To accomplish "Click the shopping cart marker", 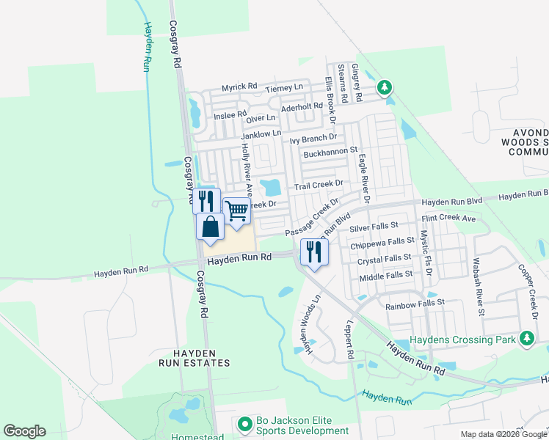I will tap(237, 211).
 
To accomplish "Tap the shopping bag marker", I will tap(211, 226).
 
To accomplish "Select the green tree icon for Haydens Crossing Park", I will tap(526, 338).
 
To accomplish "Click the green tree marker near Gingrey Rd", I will tap(384, 89).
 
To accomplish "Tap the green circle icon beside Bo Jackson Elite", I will tap(245, 425).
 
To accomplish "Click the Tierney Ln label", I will tap(284, 88).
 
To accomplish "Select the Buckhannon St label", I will tap(330, 154).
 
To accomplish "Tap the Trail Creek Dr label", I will tap(319, 185).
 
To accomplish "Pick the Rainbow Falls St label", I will tap(410, 302).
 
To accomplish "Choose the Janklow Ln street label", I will tap(261, 134).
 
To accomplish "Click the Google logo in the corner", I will tap(24, 431).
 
